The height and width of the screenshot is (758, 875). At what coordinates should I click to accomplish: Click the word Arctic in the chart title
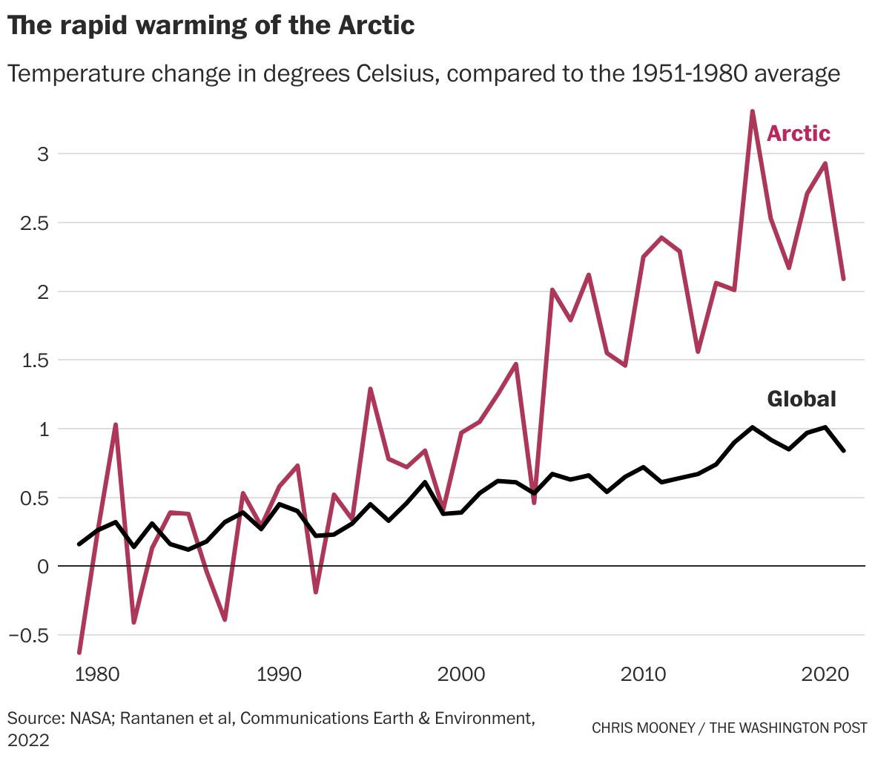coord(376,26)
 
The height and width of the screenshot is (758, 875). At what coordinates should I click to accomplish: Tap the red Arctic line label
coord(798,134)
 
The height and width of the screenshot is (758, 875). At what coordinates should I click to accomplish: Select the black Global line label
coord(801,399)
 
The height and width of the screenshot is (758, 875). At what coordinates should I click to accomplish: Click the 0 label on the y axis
coord(42,567)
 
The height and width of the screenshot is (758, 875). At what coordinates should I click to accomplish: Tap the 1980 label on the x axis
coord(97,675)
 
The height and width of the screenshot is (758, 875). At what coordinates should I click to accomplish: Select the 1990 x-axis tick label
coord(279,675)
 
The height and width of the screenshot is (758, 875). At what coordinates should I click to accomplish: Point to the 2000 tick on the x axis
coord(461,675)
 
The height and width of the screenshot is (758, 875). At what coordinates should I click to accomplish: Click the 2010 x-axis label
coord(643,675)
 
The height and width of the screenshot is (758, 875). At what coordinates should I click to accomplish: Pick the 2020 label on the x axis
coord(825,675)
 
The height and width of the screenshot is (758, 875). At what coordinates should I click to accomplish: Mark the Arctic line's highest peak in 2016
coord(753,112)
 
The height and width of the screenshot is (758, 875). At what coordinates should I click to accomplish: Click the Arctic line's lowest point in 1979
coord(79,652)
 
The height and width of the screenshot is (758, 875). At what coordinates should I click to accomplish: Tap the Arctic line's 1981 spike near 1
coord(116,425)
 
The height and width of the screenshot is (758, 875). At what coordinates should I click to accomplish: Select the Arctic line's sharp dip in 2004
coord(534,503)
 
